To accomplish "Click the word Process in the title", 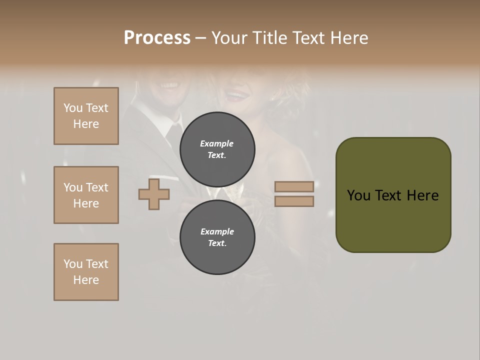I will click(157, 38).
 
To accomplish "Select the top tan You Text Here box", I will click(86, 116).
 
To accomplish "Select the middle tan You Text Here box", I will click(86, 195).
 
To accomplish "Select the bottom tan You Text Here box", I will click(86, 272).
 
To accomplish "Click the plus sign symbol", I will click(154, 194).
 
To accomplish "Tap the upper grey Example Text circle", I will click(217, 149).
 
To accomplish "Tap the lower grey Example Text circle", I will click(217, 237).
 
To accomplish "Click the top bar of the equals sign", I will click(294, 186).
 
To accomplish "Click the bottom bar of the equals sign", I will click(294, 201).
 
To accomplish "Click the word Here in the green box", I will click(422, 195).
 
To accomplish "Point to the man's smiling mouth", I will click(168, 85).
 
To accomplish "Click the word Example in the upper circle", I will click(216, 143).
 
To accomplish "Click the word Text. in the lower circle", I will click(217, 243).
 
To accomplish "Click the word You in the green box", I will click(358, 195).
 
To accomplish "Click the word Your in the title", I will click(230, 38).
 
